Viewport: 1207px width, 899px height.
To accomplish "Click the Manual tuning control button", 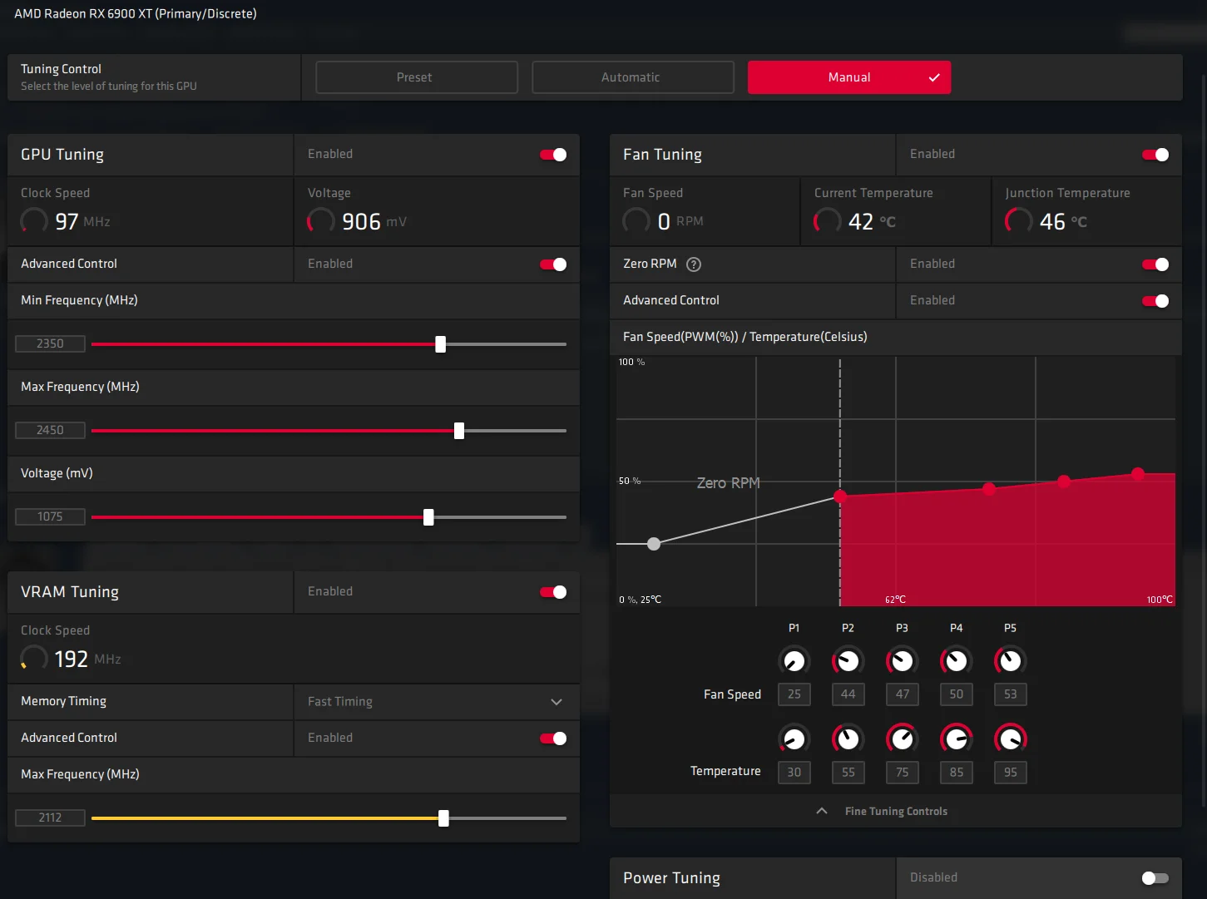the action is tap(849, 77).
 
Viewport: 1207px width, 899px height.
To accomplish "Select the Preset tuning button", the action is tap(416, 77).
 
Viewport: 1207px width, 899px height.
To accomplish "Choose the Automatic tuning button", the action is tap(632, 77).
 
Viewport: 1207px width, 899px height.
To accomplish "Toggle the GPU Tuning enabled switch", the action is tap(553, 155).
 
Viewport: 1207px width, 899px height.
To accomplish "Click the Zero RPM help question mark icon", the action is tap(693, 264).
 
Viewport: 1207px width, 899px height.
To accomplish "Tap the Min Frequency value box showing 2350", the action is tap(50, 343).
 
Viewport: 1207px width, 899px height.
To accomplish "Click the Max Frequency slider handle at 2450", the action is tap(459, 431).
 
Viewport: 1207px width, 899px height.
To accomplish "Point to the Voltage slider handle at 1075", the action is tap(429, 517).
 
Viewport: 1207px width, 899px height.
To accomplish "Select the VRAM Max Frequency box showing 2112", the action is tap(50, 817).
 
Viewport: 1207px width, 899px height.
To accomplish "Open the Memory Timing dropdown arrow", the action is tap(557, 701).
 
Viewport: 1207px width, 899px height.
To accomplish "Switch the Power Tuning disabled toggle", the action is tap(1155, 877).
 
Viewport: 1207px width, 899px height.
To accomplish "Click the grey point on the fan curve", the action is tap(654, 543).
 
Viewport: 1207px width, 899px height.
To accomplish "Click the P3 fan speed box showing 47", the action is tap(902, 694).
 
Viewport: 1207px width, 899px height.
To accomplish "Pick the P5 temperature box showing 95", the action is tap(1010, 773).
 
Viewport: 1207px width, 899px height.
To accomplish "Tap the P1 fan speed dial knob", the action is tap(794, 661).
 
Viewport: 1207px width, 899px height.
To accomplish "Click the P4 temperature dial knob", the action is tap(956, 739).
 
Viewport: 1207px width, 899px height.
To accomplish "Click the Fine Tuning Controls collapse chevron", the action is tap(822, 811).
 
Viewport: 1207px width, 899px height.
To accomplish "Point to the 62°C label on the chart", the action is tap(895, 599).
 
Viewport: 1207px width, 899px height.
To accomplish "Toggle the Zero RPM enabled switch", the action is tap(1155, 264).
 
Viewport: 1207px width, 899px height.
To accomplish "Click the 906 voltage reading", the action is tap(361, 221).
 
